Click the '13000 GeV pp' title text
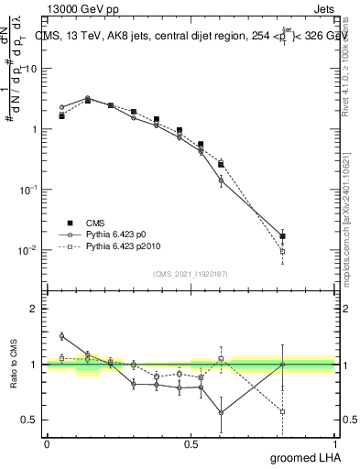coord(81,7)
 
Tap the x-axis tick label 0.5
coord(191,444)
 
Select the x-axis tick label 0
coord(47,444)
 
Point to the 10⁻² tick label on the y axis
coord(29,249)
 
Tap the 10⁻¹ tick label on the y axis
coord(29,189)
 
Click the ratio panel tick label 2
coord(35,309)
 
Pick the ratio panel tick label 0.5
coord(31,420)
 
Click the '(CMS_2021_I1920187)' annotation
coord(191,273)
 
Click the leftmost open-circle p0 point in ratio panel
coord(61,336)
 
